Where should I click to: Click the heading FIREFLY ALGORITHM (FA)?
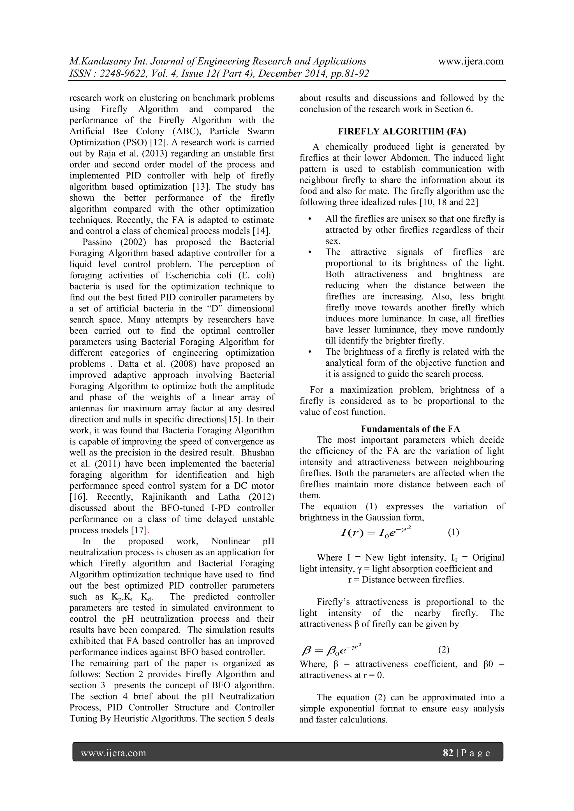click(402, 132)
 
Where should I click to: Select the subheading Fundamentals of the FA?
click(410, 429)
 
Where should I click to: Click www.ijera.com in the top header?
click(471, 61)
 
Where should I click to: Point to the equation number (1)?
click(453, 532)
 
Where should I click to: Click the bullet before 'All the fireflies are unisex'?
click(310, 219)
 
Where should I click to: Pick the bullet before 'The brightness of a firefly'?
click(310, 352)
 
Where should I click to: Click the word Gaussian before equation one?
click(382, 518)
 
